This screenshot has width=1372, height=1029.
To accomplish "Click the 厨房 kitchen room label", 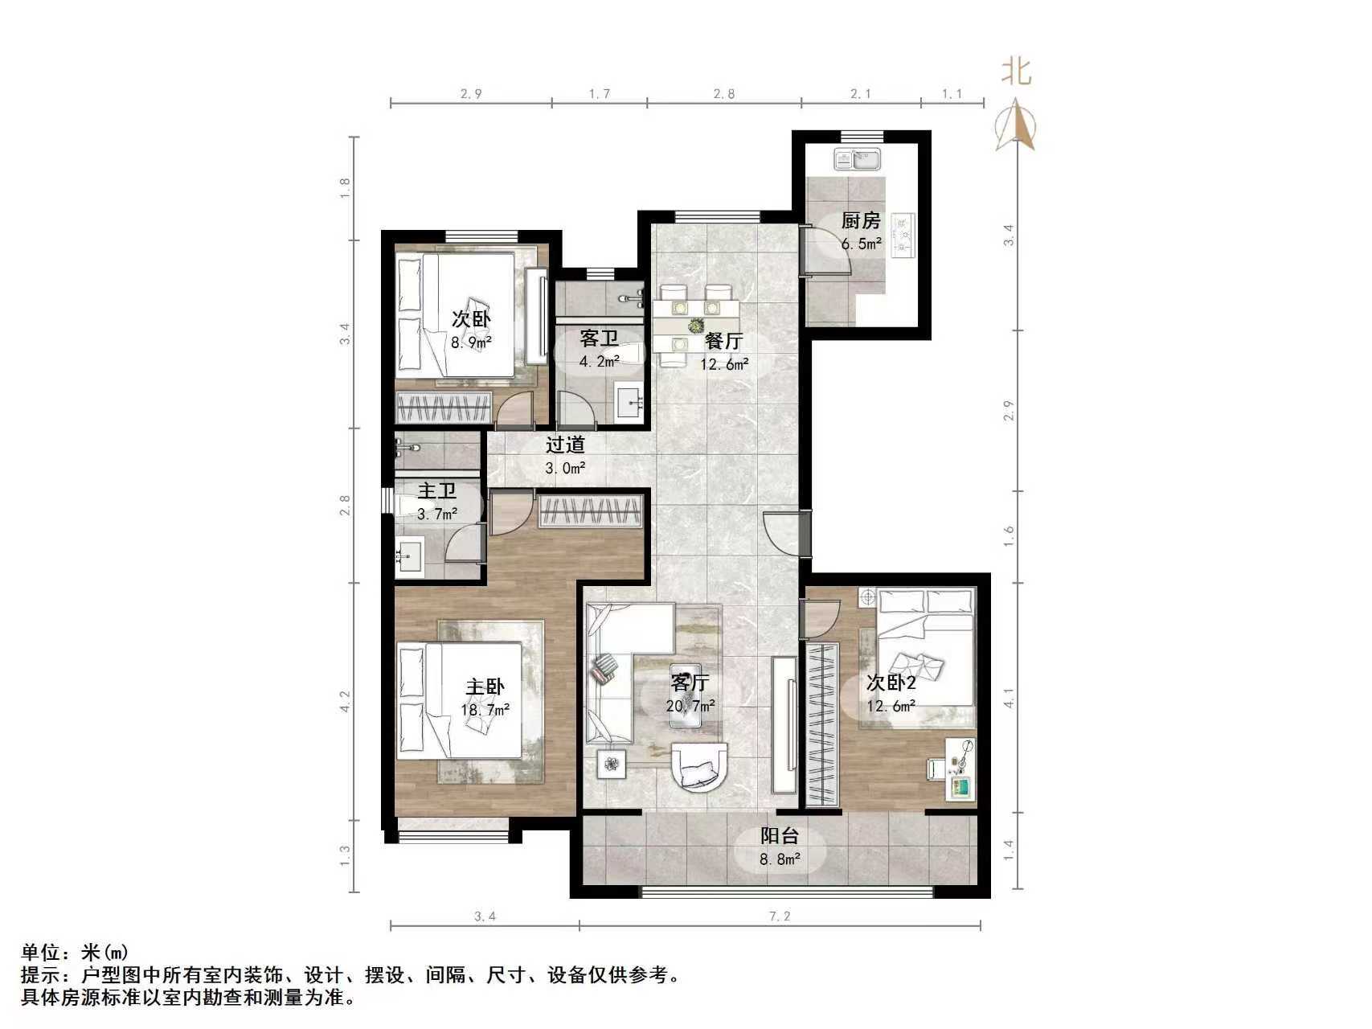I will [x=861, y=220].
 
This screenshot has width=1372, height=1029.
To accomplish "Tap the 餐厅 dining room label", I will [x=723, y=341].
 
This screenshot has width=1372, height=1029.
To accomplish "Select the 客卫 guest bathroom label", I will [x=599, y=339].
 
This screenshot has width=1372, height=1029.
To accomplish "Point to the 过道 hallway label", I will [x=564, y=445].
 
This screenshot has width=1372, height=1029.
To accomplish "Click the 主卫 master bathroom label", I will [x=437, y=490].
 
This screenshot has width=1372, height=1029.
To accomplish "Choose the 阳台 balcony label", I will [x=780, y=836].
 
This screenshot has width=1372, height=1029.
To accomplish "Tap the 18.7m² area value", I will [x=485, y=710].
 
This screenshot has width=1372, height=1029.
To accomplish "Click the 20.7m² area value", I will [x=690, y=707].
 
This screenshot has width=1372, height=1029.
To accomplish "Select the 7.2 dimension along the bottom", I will [x=780, y=916].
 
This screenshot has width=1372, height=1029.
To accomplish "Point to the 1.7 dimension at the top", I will [x=600, y=94].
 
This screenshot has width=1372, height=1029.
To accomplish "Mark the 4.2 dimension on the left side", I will [x=345, y=701].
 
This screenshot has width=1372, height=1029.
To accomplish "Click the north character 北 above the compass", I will [x=1016, y=72].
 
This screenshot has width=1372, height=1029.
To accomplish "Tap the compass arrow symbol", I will [x=1016, y=125].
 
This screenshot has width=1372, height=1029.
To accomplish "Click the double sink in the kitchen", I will [x=857, y=160].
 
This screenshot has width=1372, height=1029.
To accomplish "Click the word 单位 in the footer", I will [x=40, y=953].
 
